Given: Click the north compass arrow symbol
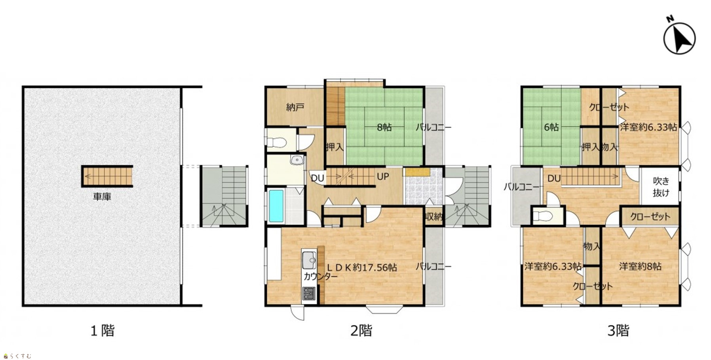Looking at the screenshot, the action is (x=679, y=38).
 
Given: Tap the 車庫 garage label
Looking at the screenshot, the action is (x=102, y=197).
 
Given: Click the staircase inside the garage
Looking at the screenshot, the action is (x=107, y=176).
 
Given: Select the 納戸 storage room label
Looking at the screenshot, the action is (x=295, y=107).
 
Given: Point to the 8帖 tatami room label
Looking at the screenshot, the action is (x=384, y=127).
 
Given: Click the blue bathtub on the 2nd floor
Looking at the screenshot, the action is (x=276, y=206).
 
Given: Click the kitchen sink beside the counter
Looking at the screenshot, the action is (x=309, y=260).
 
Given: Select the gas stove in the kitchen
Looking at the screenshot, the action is (x=309, y=294).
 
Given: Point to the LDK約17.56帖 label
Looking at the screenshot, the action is (x=361, y=267).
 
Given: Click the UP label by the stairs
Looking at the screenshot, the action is (x=383, y=176).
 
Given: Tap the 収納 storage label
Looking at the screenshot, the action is (x=434, y=216).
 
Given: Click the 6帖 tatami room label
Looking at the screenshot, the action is (x=551, y=127).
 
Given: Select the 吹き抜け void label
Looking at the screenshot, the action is (x=661, y=187).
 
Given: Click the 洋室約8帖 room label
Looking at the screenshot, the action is (x=640, y=266).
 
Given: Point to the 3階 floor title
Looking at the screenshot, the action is (x=618, y=330).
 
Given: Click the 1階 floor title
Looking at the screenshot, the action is (x=103, y=330).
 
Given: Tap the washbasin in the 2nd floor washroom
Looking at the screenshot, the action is (x=297, y=160).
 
